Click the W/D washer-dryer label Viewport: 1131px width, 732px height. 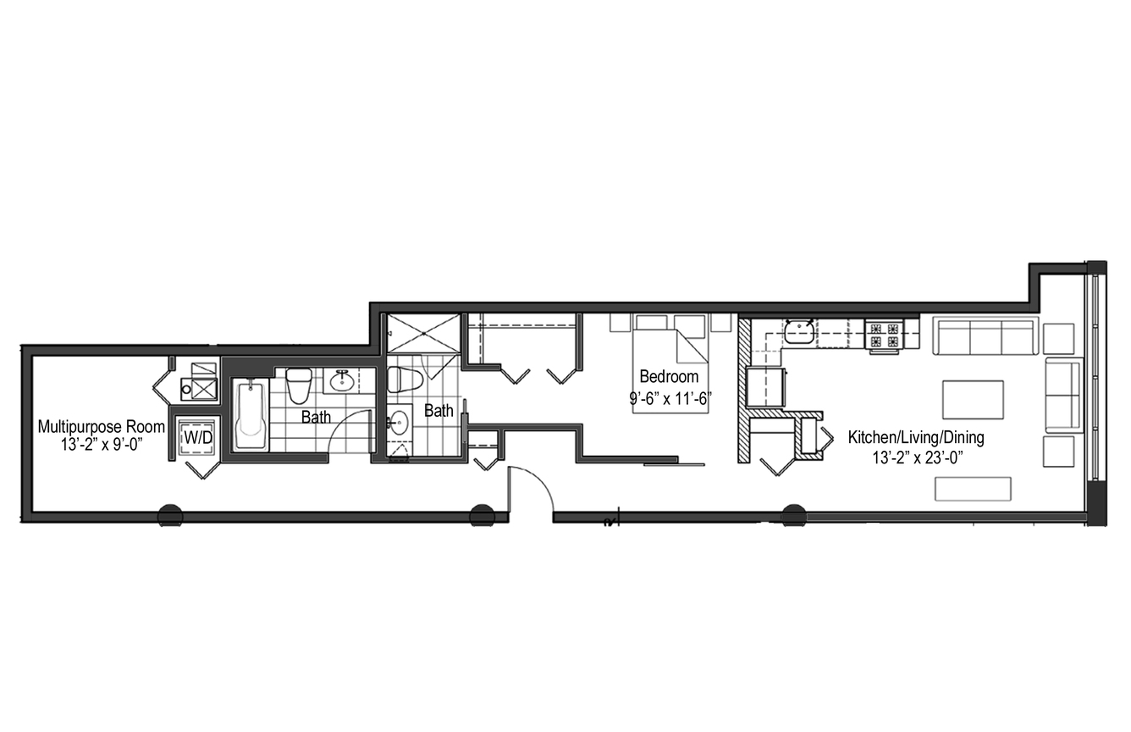198,437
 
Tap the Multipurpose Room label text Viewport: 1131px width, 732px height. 102,427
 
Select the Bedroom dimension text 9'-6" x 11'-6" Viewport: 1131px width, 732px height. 670,399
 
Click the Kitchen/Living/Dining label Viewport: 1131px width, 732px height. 916,437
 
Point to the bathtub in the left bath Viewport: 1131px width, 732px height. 251,414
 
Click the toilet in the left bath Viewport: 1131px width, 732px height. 299,385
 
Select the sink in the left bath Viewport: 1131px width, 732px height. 342,380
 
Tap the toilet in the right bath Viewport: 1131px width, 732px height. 405,380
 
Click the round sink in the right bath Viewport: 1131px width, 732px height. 400,422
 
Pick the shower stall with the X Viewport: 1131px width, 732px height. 423,333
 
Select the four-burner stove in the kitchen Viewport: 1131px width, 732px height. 884,334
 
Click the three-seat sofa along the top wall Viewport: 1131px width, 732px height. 985,336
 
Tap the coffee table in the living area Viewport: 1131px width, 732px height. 973,400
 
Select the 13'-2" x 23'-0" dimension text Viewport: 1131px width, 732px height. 918,457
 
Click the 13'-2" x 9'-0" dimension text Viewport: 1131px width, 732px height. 102,446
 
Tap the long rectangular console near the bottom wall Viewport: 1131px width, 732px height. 973,489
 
